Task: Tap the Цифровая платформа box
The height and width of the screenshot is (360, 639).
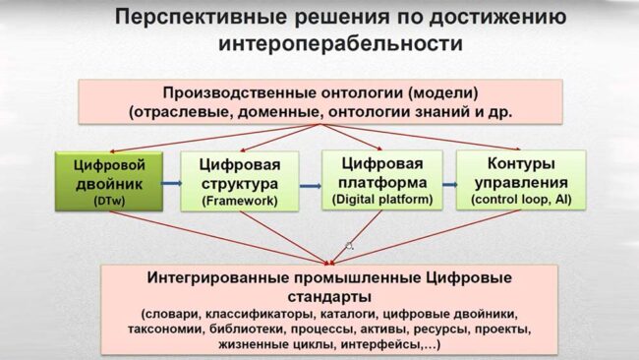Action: (383, 178)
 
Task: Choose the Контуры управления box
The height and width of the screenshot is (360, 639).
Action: (521, 179)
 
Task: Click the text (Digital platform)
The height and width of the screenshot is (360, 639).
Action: (383, 200)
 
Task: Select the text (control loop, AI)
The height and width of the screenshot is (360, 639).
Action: (521, 200)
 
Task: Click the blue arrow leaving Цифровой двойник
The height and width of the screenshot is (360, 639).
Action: (161, 182)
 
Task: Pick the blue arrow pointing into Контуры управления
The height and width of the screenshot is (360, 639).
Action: (449, 182)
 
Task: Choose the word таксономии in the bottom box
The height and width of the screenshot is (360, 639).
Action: (167, 331)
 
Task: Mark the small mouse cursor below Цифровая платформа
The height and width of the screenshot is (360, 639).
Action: (348, 246)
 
